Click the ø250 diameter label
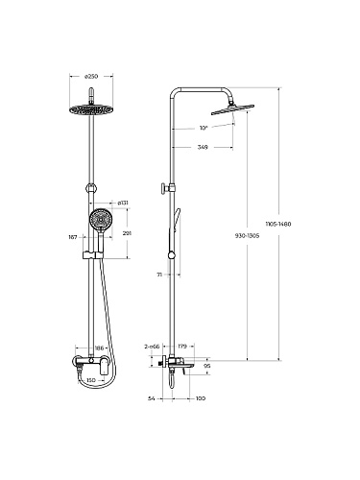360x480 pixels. pos(91,76)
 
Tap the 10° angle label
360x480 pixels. pos(204,128)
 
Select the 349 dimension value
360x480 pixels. pos(203,147)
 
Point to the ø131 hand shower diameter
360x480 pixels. pos(123,203)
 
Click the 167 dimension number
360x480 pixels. pos(73,237)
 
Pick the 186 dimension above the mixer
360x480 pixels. pos(100,348)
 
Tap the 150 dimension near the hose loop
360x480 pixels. pos(91,380)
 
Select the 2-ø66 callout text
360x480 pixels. pos(152,346)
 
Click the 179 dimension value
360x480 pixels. pos(182,346)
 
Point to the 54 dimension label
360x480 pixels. pos(152,398)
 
